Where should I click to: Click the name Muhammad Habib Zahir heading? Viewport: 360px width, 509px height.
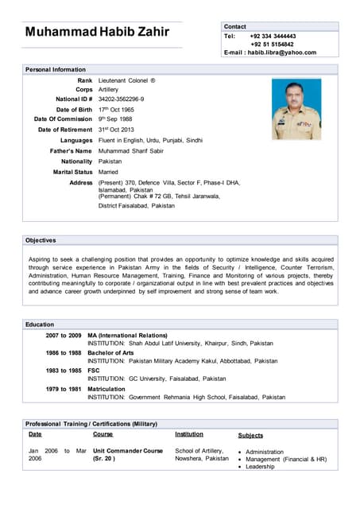[x=97, y=32]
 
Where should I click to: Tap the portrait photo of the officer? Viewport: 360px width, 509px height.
[x=296, y=109]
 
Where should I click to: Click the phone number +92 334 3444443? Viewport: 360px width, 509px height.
[x=273, y=36]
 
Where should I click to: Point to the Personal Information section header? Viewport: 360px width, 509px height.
[x=56, y=70]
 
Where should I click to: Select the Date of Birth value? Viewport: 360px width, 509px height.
[x=116, y=110]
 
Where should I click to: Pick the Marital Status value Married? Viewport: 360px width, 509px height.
[x=110, y=172]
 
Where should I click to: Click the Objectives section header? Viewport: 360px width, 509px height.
[x=41, y=240]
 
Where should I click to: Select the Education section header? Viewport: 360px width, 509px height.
[x=40, y=324]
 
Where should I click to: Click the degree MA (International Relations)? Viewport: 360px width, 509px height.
[x=127, y=336]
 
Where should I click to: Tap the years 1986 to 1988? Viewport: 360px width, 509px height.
[x=64, y=353]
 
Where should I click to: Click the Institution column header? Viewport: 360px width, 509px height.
[x=189, y=435]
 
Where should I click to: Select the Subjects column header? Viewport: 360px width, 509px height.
[x=250, y=436]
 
